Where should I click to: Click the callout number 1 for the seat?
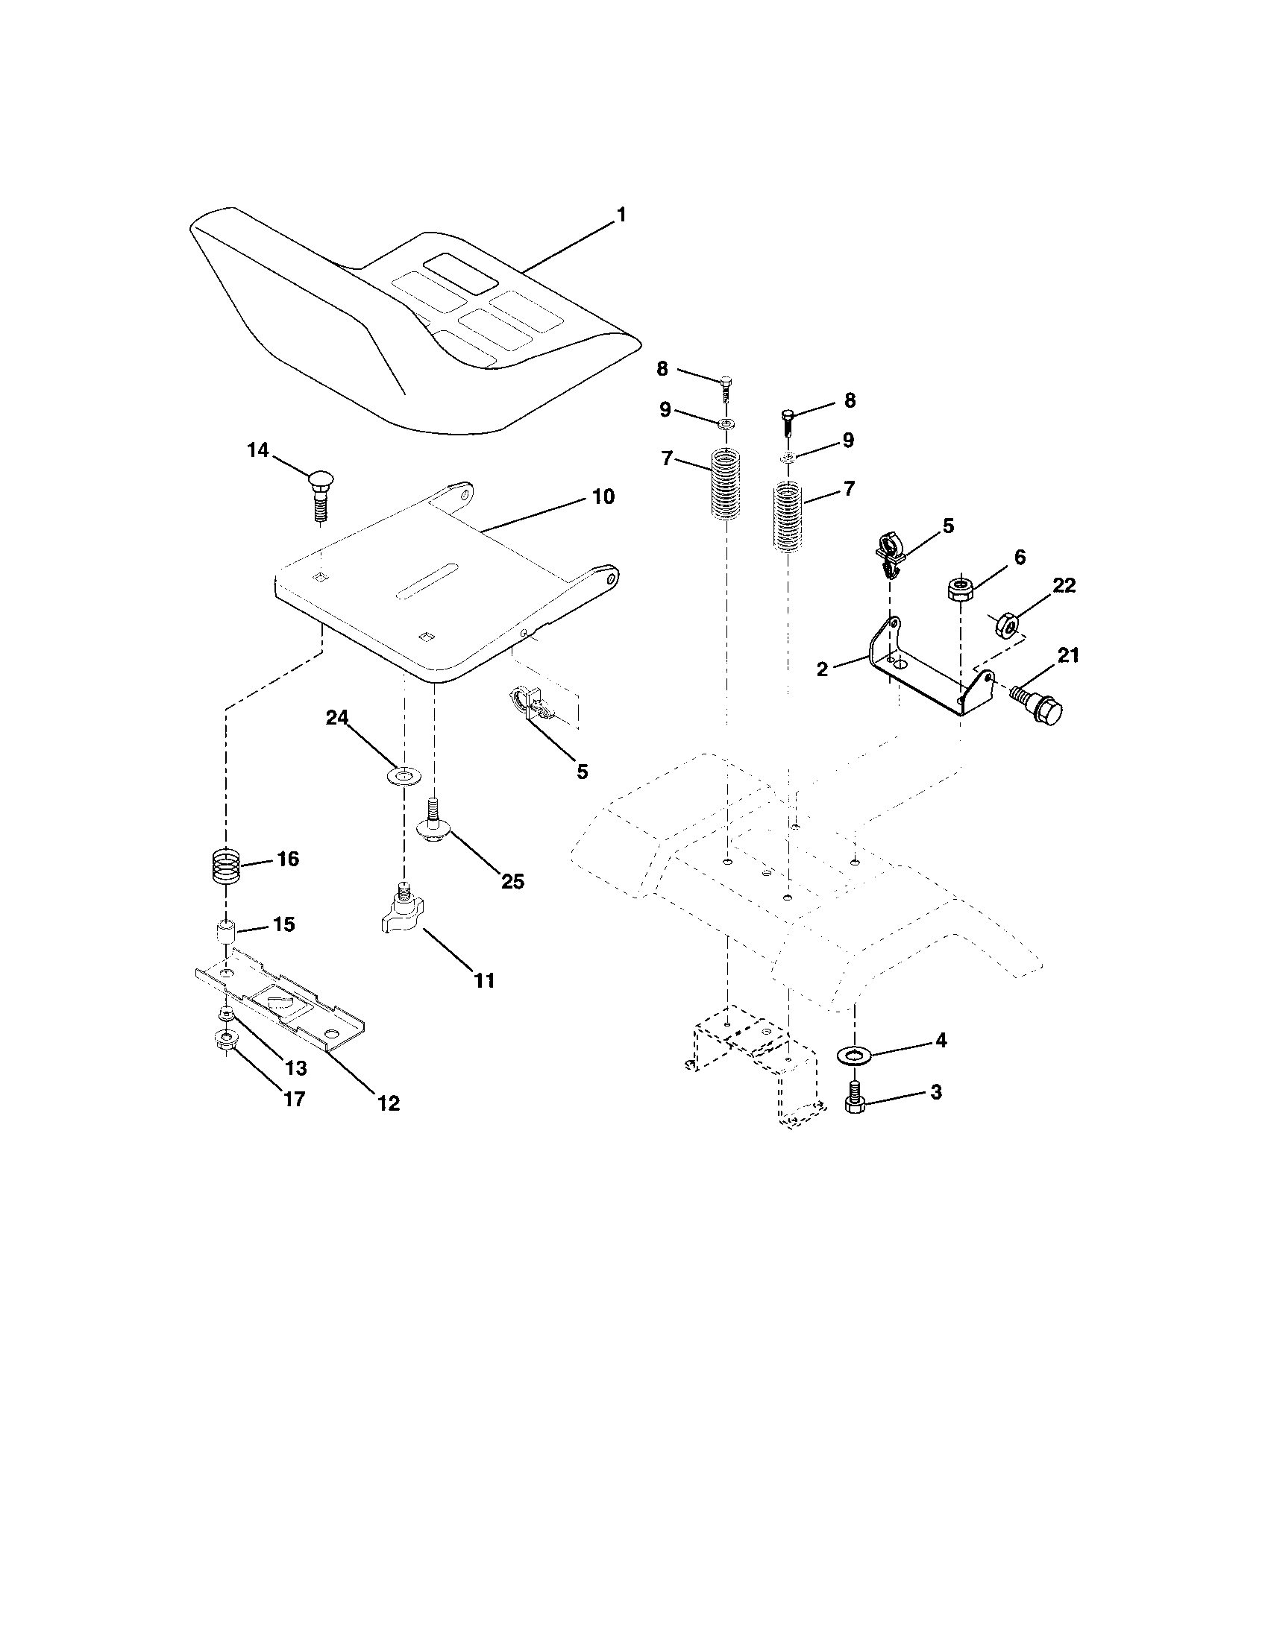tap(621, 215)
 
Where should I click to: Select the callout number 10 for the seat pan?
tap(603, 496)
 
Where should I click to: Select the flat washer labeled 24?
tap(404, 775)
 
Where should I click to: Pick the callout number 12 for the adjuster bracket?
tap(389, 1103)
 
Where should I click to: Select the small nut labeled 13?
tap(225, 1015)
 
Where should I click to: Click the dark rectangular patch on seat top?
tap(459, 274)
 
